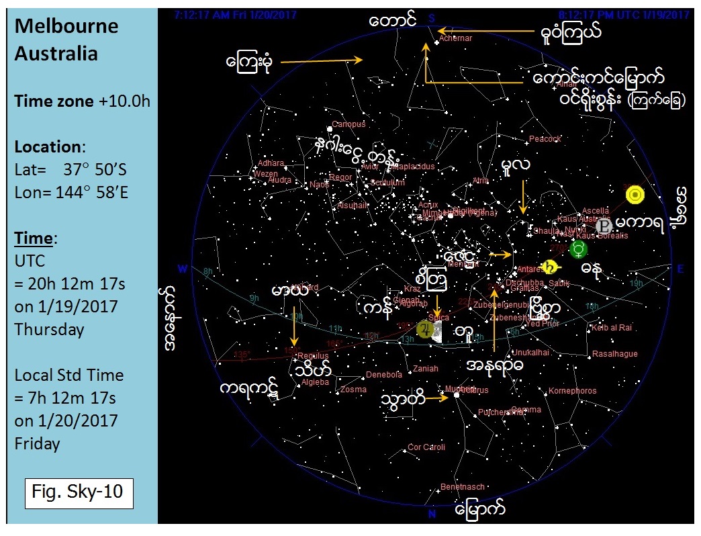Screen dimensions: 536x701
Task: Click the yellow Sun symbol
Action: coord(635,195)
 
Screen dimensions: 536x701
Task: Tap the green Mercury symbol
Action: coord(578,250)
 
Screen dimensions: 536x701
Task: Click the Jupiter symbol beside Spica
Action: coord(424,329)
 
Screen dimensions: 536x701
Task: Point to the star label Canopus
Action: coord(348,124)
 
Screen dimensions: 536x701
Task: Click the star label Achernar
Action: coord(456,38)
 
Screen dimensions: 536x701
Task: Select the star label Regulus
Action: coord(313,355)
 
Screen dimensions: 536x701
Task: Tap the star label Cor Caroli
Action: coord(426,447)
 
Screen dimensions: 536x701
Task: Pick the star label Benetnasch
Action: coord(462,487)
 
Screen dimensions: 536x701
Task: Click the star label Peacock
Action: coord(545,139)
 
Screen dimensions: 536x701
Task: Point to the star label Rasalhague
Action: coord(615,354)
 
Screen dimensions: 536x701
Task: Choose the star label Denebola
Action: coord(383,375)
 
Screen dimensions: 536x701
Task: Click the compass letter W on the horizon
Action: coord(182,269)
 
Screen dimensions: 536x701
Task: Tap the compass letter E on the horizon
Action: coord(680,269)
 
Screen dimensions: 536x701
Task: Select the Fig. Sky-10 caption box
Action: coord(78,491)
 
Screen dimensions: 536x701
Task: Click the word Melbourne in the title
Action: coord(66,26)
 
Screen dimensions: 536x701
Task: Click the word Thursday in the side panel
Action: coord(49,329)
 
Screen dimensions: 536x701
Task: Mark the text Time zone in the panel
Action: coord(54,101)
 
